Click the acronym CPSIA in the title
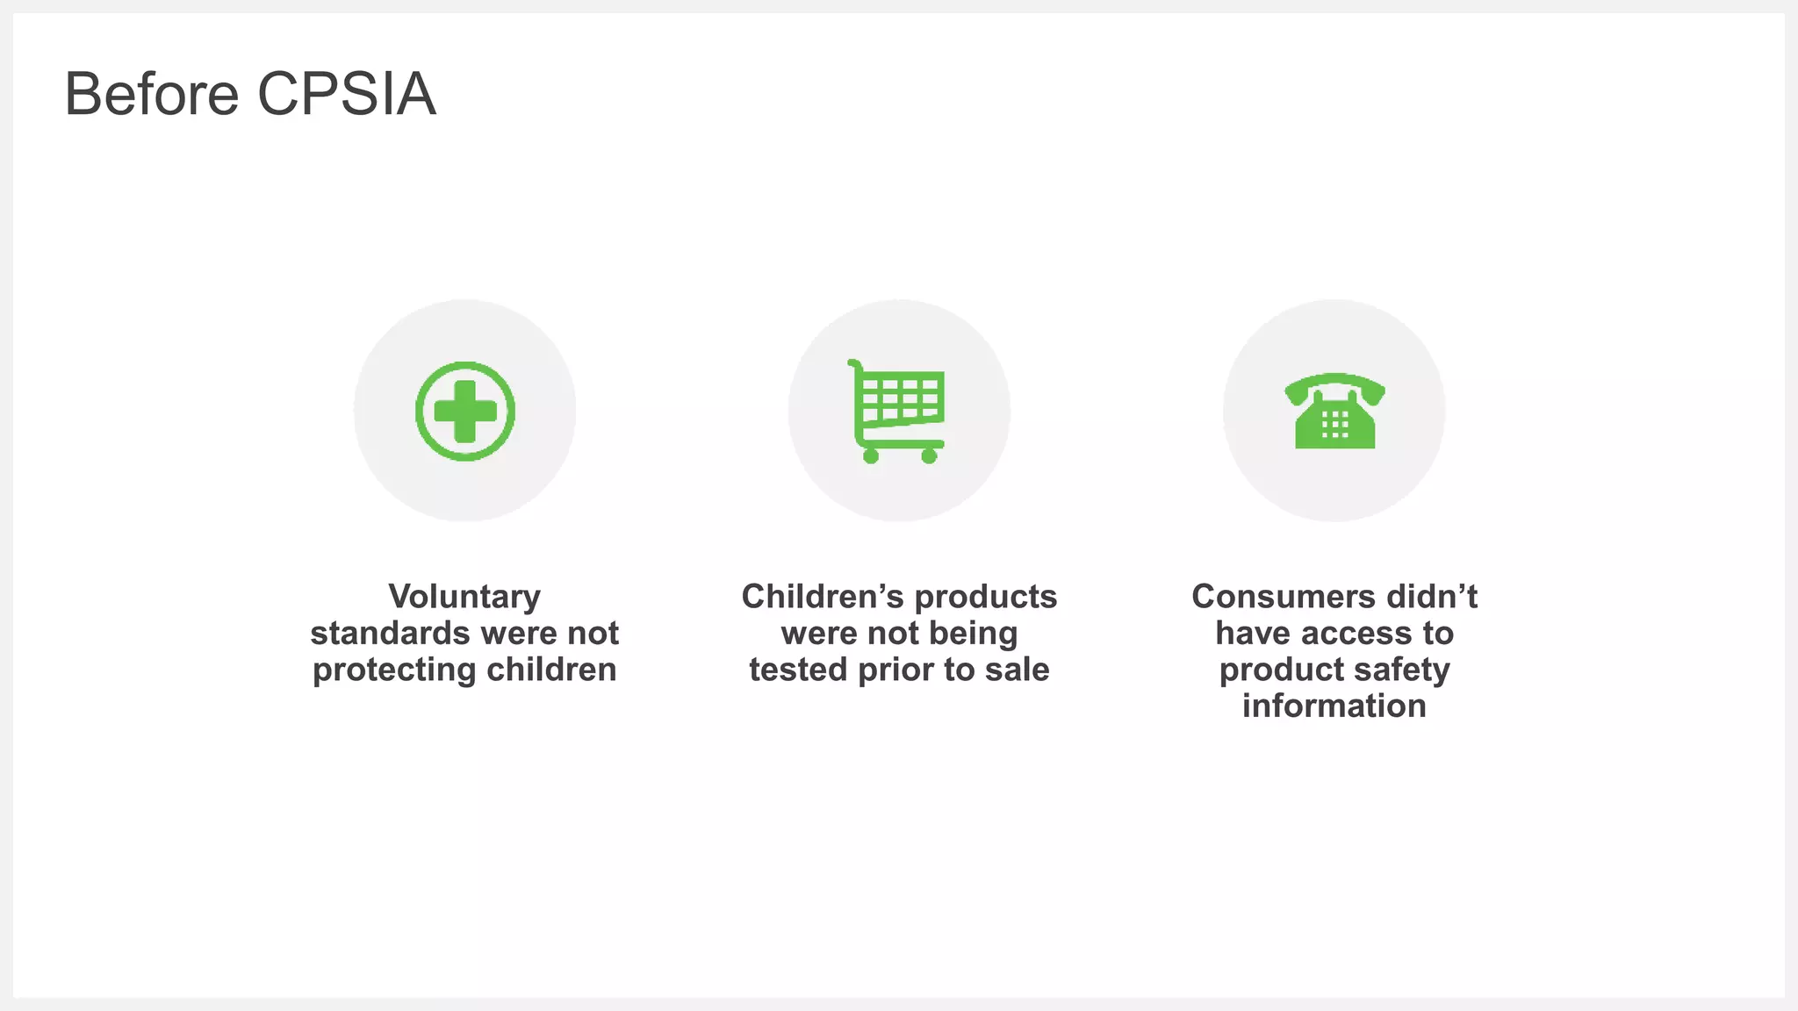tap(347, 94)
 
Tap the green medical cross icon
tap(465, 411)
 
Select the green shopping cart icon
tap(897, 409)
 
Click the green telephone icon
tap(1334, 411)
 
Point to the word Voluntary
tap(464, 597)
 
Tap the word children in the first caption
tap(551, 670)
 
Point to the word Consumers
tap(1271, 597)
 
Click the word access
tap(1357, 634)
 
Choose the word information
tap(1334, 706)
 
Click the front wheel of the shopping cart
tap(929, 455)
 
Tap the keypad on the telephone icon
tap(1334, 425)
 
